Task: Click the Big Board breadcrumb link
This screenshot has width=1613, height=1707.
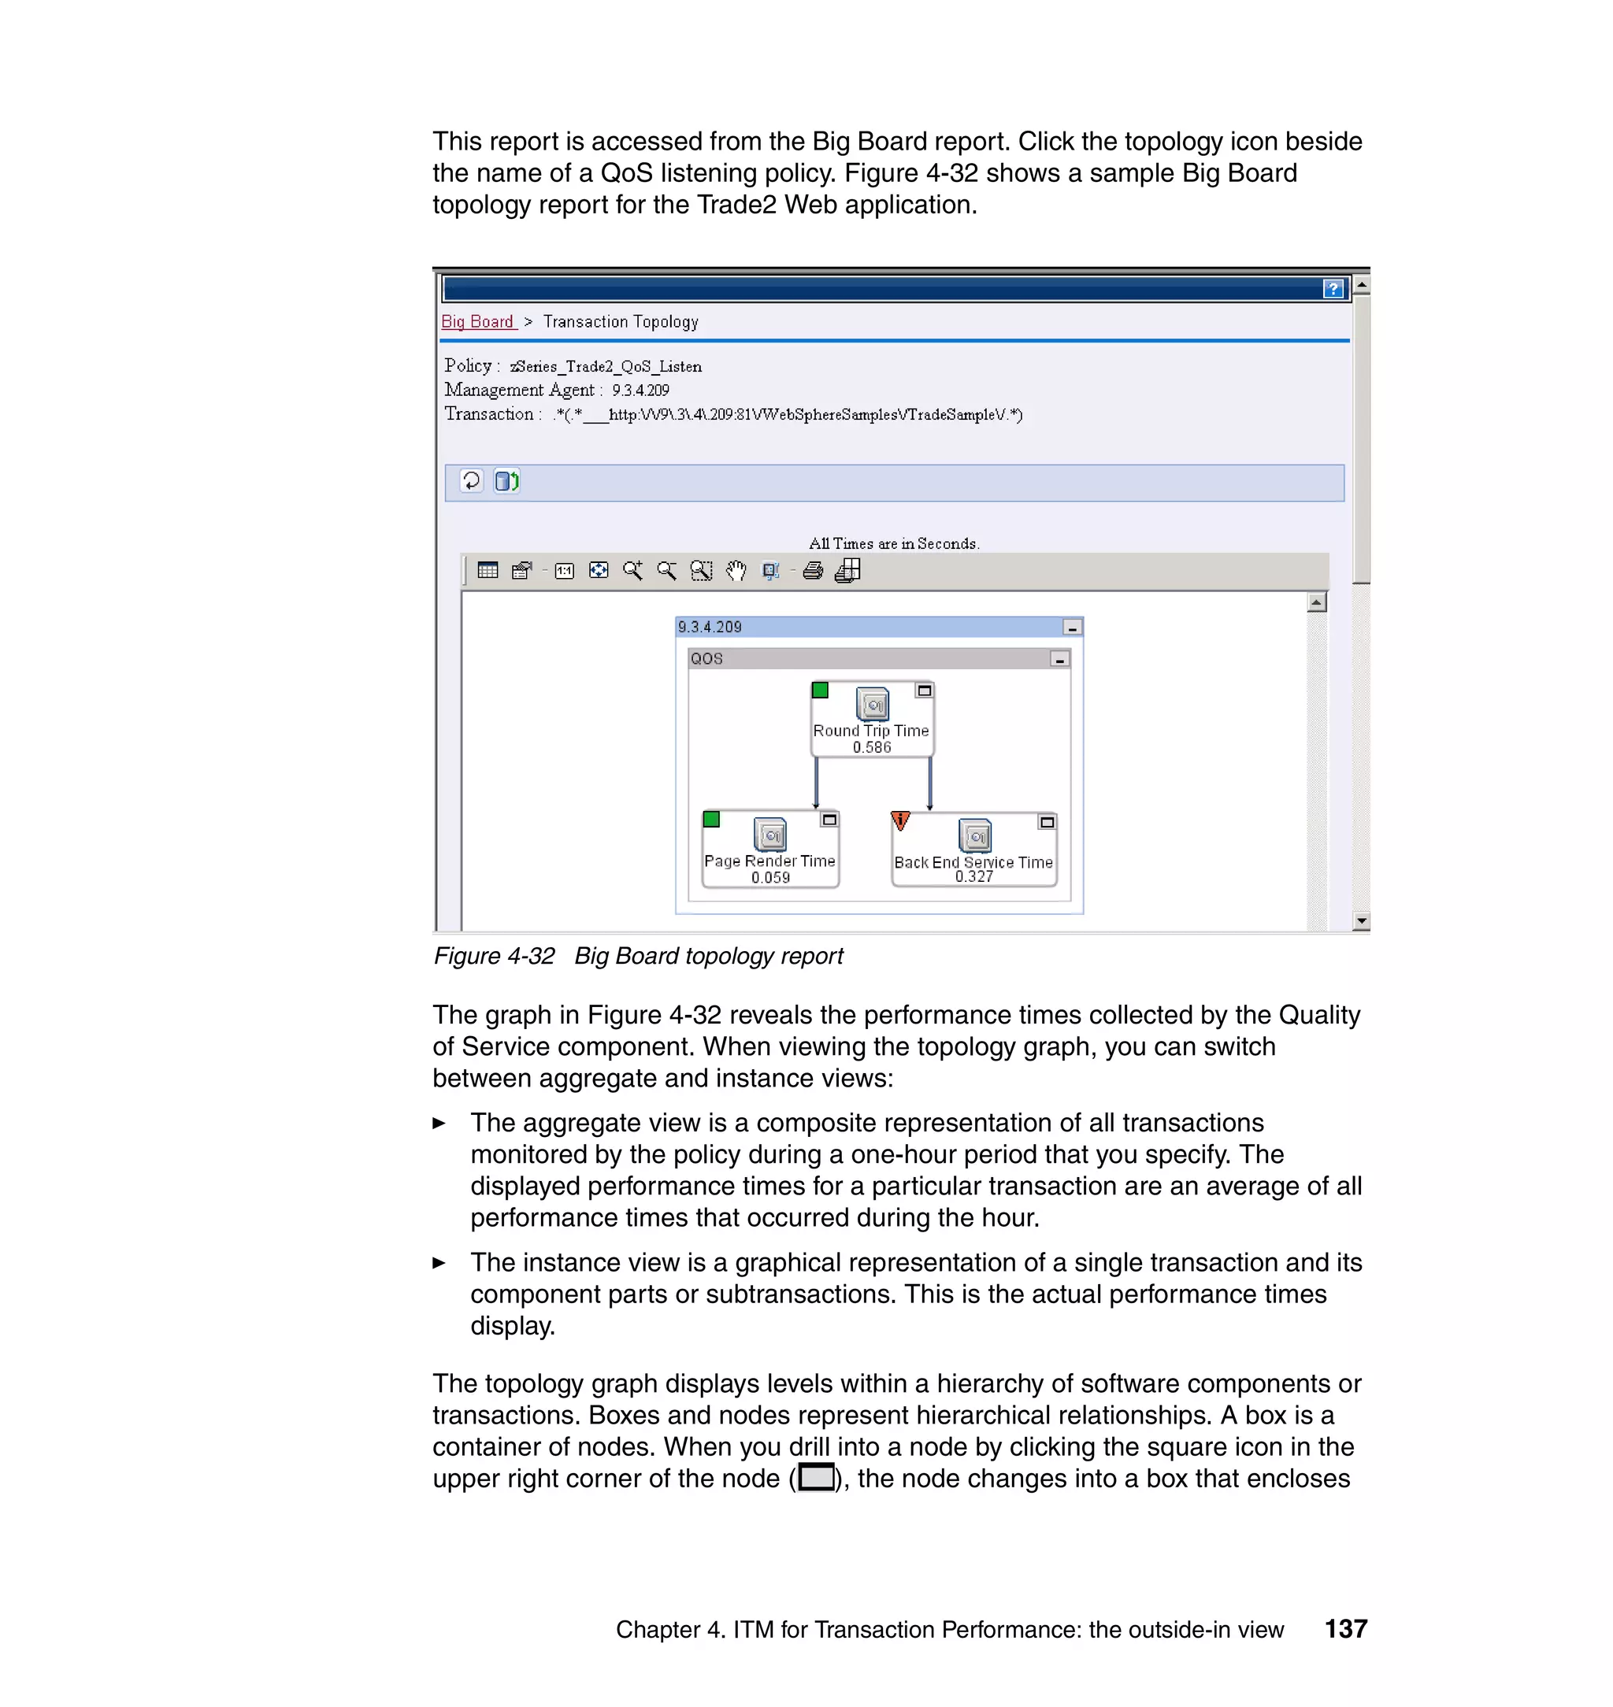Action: pos(477,321)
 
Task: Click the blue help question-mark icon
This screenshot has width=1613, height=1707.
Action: pos(1333,289)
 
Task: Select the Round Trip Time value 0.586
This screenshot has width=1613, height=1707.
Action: pos(871,747)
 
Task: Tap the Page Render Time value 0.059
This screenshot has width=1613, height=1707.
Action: pos(769,878)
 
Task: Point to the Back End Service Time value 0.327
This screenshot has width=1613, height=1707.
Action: pos(973,876)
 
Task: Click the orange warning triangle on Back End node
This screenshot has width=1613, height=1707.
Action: pos(900,820)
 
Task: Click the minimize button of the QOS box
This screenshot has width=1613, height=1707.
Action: pos(1059,659)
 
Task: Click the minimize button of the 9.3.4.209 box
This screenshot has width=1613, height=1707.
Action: pos(1071,628)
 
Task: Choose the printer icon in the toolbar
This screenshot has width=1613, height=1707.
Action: pos(813,571)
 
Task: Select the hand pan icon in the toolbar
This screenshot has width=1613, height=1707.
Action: pos(736,571)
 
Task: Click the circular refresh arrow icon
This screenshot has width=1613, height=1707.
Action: pos(471,480)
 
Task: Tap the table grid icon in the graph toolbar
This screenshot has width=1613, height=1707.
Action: pos(488,571)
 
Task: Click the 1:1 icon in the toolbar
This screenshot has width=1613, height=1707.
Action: pos(564,571)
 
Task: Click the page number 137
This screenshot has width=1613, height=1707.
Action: pos(1345,1629)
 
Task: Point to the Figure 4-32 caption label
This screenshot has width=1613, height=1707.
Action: pos(494,956)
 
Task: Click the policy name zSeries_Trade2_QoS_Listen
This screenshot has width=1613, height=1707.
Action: pos(606,367)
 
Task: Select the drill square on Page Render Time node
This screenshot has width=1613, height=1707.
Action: pos(829,820)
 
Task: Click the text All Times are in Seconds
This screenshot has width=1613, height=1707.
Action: pos(893,543)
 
